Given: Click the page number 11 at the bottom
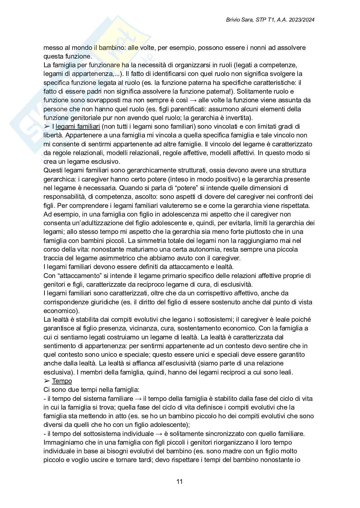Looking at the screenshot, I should coord(180,482).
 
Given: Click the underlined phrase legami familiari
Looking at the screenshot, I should coord(78,126).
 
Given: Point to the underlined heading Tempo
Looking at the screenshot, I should coord(62,381).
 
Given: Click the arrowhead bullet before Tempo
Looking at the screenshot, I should coord(47,381).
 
